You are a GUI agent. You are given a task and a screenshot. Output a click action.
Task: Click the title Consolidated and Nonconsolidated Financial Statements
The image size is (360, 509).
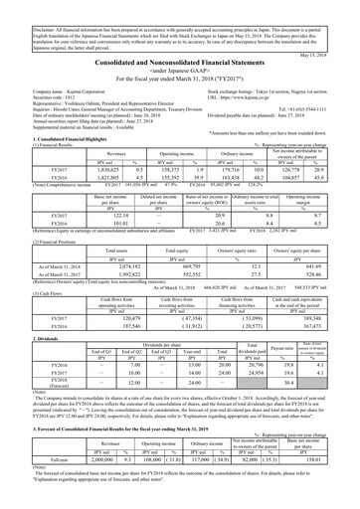coord(180,61)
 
